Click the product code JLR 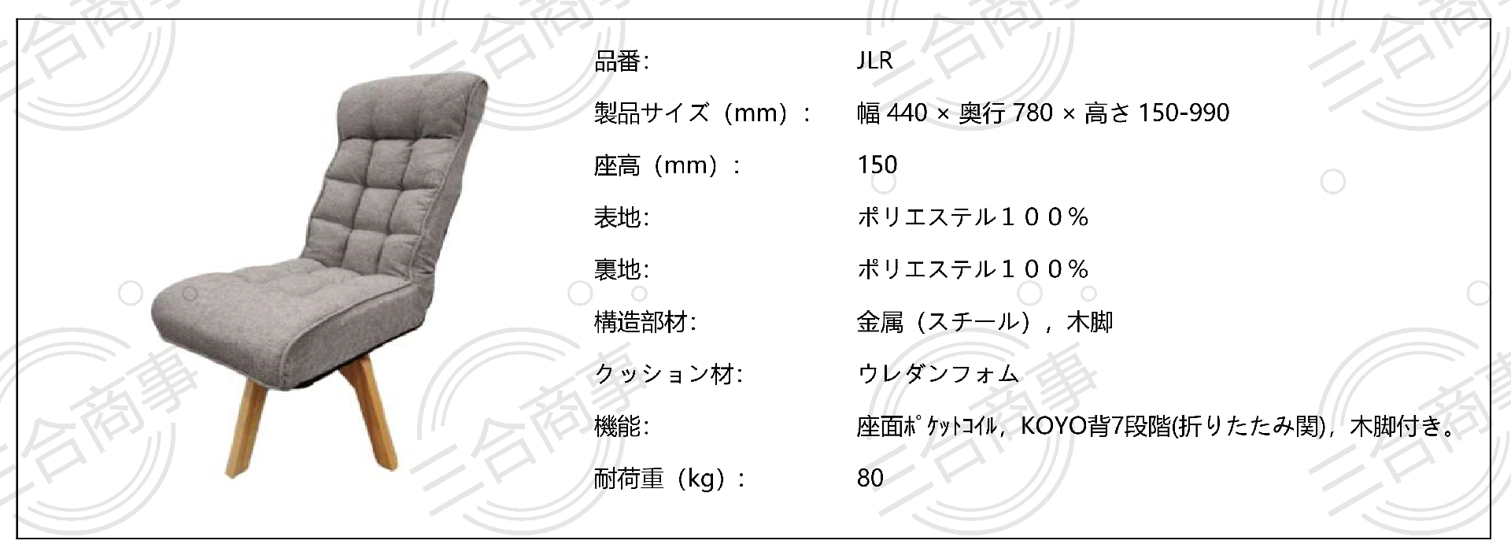[x=874, y=61]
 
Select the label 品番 [x=618, y=61]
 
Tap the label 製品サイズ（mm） [x=693, y=113]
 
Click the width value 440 [x=907, y=113]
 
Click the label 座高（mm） [x=657, y=165]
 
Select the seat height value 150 [x=877, y=165]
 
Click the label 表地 [x=618, y=217]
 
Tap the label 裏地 [x=618, y=270]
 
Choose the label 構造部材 [x=641, y=322]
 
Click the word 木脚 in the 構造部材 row [x=1089, y=322]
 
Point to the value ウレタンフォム [x=938, y=374]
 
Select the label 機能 [x=618, y=427]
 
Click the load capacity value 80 [x=870, y=479]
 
